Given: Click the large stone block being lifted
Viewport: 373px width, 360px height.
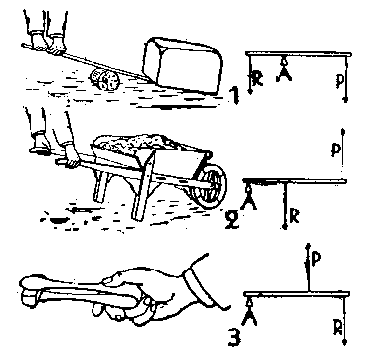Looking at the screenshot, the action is pyautogui.click(x=183, y=66).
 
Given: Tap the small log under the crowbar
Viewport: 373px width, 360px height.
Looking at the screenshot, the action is pyautogui.click(x=103, y=80).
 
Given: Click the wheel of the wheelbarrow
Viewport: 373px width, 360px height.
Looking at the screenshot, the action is pyautogui.click(x=210, y=186).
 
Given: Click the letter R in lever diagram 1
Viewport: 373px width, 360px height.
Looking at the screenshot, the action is pyautogui.click(x=258, y=79).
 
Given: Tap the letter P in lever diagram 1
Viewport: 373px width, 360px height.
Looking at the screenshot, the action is pyautogui.click(x=340, y=81).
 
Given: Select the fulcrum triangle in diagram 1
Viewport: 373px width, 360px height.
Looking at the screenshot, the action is pyautogui.click(x=284, y=69).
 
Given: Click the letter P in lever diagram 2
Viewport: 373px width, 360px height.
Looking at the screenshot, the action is pyautogui.click(x=335, y=150).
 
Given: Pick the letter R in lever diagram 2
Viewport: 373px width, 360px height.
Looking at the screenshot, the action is pyautogui.click(x=295, y=217).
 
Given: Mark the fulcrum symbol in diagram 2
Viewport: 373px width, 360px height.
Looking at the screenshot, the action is pyautogui.click(x=249, y=197).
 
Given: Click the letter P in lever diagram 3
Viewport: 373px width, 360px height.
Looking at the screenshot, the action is pyautogui.click(x=315, y=259).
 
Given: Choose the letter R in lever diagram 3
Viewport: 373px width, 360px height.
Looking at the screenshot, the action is pyautogui.click(x=337, y=328).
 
